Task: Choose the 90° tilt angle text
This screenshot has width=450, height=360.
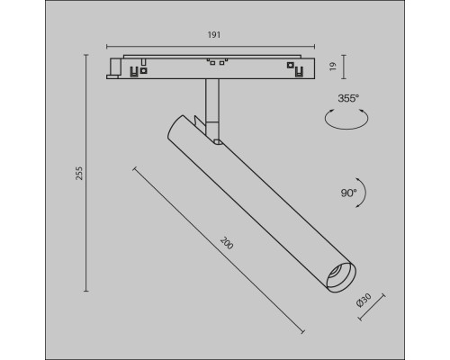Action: coord(347,193)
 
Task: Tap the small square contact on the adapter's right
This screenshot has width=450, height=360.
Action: coord(291,66)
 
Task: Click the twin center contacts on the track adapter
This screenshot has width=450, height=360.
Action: coord(213,62)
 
